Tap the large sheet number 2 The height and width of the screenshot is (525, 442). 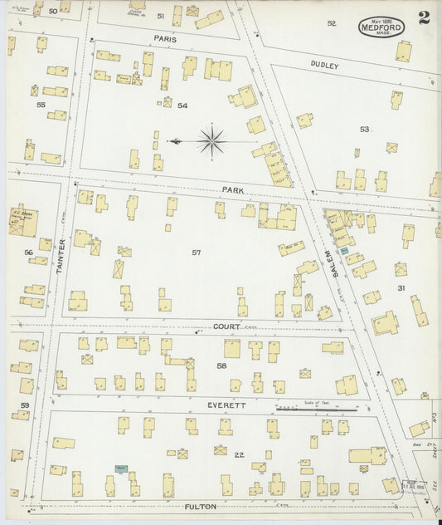(x=425, y=18)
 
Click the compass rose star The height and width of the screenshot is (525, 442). (x=212, y=140)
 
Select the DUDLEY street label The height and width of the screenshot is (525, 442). (x=325, y=65)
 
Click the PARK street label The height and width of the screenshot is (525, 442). (x=232, y=190)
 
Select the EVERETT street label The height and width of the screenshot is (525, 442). (x=226, y=405)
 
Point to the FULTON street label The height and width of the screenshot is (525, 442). (x=200, y=505)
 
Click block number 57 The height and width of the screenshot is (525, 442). (x=197, y=252)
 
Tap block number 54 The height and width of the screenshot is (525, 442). (x=182, y=105)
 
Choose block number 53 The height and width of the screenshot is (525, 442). (x=364, y=129)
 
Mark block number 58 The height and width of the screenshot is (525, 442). (x=221, y=366)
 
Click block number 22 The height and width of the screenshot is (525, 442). (x=239, y=454)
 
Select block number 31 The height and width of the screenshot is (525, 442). (x=401, y=288)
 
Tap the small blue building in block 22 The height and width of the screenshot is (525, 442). (x=121, y=469)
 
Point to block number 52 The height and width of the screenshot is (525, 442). (x=332, y=23)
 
